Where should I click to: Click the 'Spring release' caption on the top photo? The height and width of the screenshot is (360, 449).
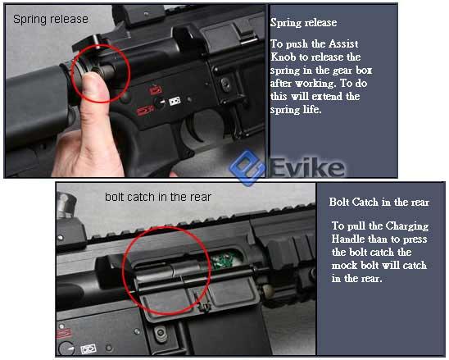51,19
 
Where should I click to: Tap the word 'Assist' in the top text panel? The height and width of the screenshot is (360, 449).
343,43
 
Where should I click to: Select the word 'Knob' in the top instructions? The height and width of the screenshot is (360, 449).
283,57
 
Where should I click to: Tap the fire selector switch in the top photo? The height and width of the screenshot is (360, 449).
160,103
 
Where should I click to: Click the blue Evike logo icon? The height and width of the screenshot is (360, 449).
247,168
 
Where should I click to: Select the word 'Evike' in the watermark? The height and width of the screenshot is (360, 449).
307,167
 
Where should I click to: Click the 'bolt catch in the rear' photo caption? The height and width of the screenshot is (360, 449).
158,197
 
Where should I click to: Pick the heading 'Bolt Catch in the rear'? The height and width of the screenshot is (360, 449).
379,202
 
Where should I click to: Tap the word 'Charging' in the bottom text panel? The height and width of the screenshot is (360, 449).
407,226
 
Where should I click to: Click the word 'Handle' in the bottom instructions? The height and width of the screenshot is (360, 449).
348,239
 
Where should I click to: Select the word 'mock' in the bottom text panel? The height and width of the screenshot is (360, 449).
344,265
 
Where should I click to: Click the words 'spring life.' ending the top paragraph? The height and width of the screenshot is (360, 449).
296,110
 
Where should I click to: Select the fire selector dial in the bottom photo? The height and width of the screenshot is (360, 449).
66,348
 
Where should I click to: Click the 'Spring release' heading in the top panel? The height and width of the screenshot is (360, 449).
303,23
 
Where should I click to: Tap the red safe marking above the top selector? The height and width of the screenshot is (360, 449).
156,89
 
